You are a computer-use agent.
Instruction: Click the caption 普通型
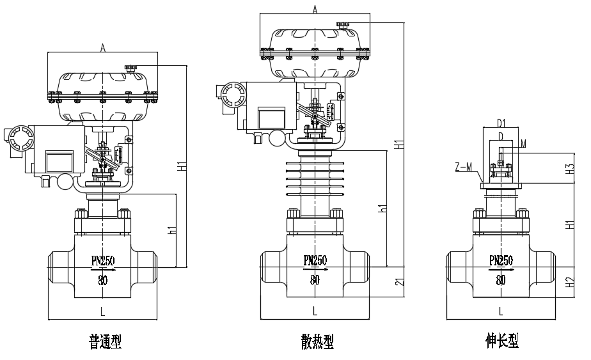(x=105, y=343)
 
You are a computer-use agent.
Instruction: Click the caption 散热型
(x=317, y=343)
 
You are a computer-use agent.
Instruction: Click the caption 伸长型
(x=501, y=341)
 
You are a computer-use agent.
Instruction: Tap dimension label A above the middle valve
(x=315, y=8)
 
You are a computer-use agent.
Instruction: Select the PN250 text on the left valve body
(x=103, y=260)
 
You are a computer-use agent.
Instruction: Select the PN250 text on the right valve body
(x=501, y=260)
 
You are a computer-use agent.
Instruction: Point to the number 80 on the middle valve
(x=315, y=279)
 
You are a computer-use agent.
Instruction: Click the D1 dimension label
(x=501, y=123)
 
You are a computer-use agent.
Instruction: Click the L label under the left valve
(x=102, y=311)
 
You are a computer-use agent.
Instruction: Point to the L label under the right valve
(x=501, y=311)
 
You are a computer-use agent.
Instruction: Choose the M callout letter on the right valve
(x=523, y=144)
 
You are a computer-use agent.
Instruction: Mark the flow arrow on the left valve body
(x=105, y=270)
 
